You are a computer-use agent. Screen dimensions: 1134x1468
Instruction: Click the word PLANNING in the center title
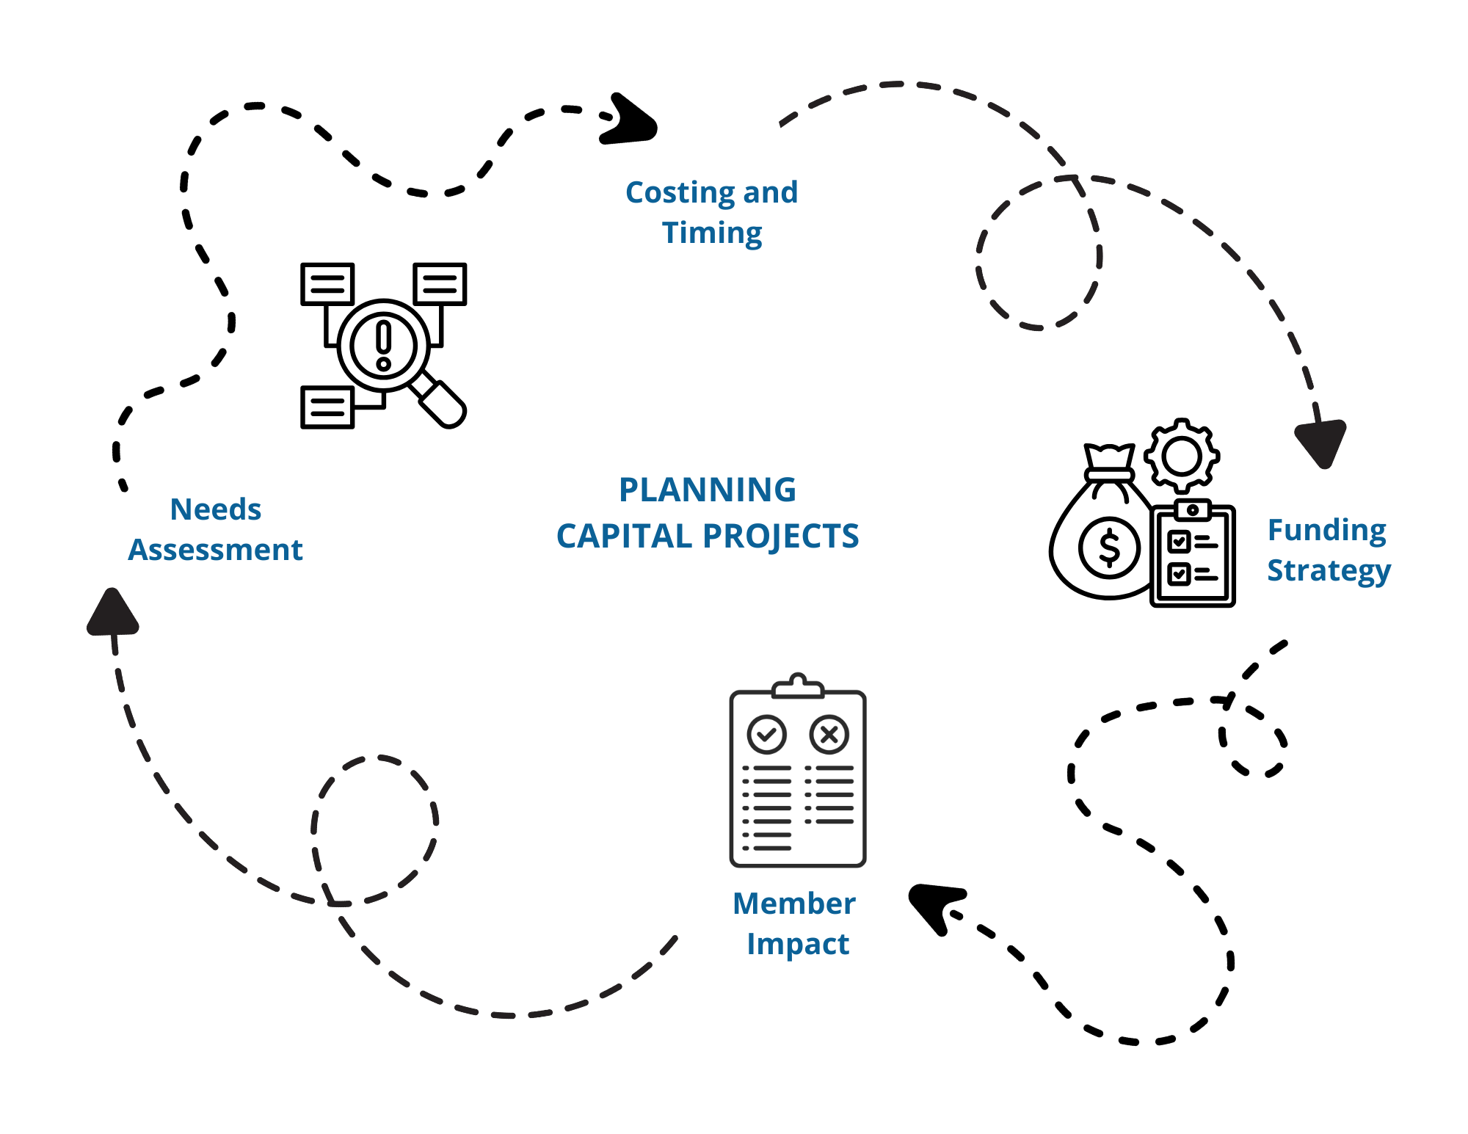tap(707, 490)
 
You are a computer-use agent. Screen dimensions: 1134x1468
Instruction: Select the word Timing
tap(712, 233)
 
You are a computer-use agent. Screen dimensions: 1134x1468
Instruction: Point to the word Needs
tap(216, 510)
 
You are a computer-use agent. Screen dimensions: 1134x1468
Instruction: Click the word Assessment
tap(215, 550)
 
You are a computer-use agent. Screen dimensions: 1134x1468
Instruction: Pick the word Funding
tap(1326, 530)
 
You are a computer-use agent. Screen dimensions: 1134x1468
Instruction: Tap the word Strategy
tap(1329, 571)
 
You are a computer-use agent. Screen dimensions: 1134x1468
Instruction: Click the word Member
tap(793, 904)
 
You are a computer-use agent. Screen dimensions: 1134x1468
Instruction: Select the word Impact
tap(798, 944)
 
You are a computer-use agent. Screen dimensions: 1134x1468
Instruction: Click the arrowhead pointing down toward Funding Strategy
tap(1321, 443)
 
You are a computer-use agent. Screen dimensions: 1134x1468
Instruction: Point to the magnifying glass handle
tap(441, 401)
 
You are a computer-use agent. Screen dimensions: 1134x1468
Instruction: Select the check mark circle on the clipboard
tap(766, 734)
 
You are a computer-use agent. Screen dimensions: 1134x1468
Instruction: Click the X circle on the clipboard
tap(829, 734)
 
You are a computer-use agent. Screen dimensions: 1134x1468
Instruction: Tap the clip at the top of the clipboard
tap(798, 686)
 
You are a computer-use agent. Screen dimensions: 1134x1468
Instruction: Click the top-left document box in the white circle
tap(327, 283)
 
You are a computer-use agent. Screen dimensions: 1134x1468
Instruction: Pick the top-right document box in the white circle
tap(440, 283)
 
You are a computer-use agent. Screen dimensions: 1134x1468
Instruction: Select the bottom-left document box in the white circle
tap(327, 407)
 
